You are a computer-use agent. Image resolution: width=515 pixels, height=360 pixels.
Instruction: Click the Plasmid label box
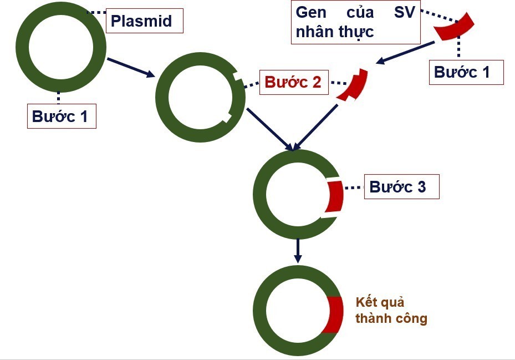click(144, 21)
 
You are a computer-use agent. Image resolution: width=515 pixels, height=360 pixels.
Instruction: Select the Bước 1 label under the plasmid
click(62, 117)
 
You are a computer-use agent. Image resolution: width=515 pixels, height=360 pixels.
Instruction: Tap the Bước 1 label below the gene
click(466, 73)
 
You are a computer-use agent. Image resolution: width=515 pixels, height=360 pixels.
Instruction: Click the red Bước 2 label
click(293, 82)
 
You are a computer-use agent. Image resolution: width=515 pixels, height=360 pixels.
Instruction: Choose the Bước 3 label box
click(401, 187)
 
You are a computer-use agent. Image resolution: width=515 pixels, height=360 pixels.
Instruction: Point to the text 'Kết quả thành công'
click(391, 311)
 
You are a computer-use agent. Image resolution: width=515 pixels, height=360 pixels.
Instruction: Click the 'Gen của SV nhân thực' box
click(355, 22)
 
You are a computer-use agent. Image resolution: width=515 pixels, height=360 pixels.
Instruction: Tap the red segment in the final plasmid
click(333, 315)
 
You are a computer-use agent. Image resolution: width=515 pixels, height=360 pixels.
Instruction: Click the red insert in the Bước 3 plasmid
click(334, 196)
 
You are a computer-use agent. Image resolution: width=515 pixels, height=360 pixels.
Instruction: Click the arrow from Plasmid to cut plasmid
click(131, 67)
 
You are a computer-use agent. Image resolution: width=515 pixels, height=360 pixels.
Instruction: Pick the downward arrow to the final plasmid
click(298, 250)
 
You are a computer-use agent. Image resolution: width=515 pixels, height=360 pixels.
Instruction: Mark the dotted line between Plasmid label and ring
click(96, 12)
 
